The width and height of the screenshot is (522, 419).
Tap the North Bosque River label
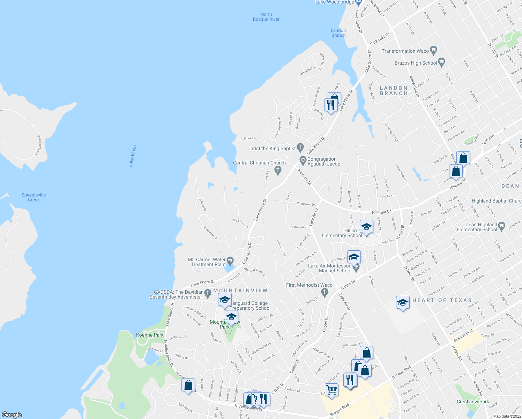(266, 17)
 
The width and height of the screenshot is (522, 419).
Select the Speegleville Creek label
(33, 197)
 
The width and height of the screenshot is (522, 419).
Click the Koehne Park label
(150, 335)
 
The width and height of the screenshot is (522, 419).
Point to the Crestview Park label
(473, 402)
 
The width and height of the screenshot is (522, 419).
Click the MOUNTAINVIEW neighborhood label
(240, 291)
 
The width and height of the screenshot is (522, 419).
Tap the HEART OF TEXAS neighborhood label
(442, 300)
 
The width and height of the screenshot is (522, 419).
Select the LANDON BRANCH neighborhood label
(394, 91)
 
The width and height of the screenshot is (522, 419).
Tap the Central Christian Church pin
(278, 170)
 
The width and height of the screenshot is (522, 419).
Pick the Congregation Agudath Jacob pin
(303, 161)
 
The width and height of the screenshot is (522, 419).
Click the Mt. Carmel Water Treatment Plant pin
(230, 260)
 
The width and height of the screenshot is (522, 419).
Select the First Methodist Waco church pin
(325, 292)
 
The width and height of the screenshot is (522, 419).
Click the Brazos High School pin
(441, 63)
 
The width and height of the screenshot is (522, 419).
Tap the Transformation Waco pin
(433, 50)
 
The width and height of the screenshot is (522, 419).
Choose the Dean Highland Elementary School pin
(501, 226)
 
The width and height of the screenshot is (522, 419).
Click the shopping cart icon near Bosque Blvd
(331, 389)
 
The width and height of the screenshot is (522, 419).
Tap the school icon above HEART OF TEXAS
(403, 302)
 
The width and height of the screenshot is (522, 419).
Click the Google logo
(12, 415)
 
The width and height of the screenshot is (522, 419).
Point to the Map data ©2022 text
(507, 416)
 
